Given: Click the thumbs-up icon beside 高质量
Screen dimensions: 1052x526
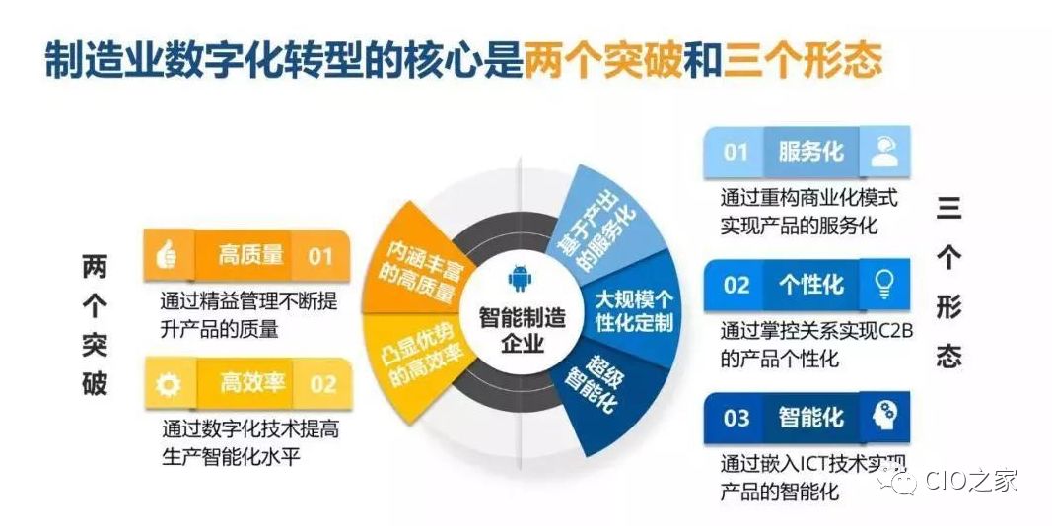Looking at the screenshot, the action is pyautogui.click(x=166, y=255).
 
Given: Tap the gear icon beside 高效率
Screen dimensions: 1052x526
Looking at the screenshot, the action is pyautogui.click(x=168, y=384).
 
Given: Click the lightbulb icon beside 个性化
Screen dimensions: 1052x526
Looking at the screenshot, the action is pyautogui.click(x=885, y=284).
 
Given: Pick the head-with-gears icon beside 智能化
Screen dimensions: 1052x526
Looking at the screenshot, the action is pyautogui.click(x=885, y=417).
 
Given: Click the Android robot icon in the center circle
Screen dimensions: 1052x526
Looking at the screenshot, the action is pyautogui.click(x=520, y=278).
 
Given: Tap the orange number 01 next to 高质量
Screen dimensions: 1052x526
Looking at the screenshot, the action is pyautogui.click(x=320, y=256).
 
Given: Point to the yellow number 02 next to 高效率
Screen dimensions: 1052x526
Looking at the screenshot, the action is pyautogui.click(x=322, y=384).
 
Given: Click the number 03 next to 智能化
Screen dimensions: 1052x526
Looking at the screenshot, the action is pyautogui.click(x=736, y=419).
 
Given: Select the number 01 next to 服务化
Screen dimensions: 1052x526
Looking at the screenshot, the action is pyautogui.click(x=736, y=152).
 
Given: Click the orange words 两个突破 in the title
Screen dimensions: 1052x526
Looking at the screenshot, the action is pyautogui.click(x=603, y=60).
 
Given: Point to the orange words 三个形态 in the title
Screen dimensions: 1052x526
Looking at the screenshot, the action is pyautogui.click(x=802, y=60).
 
